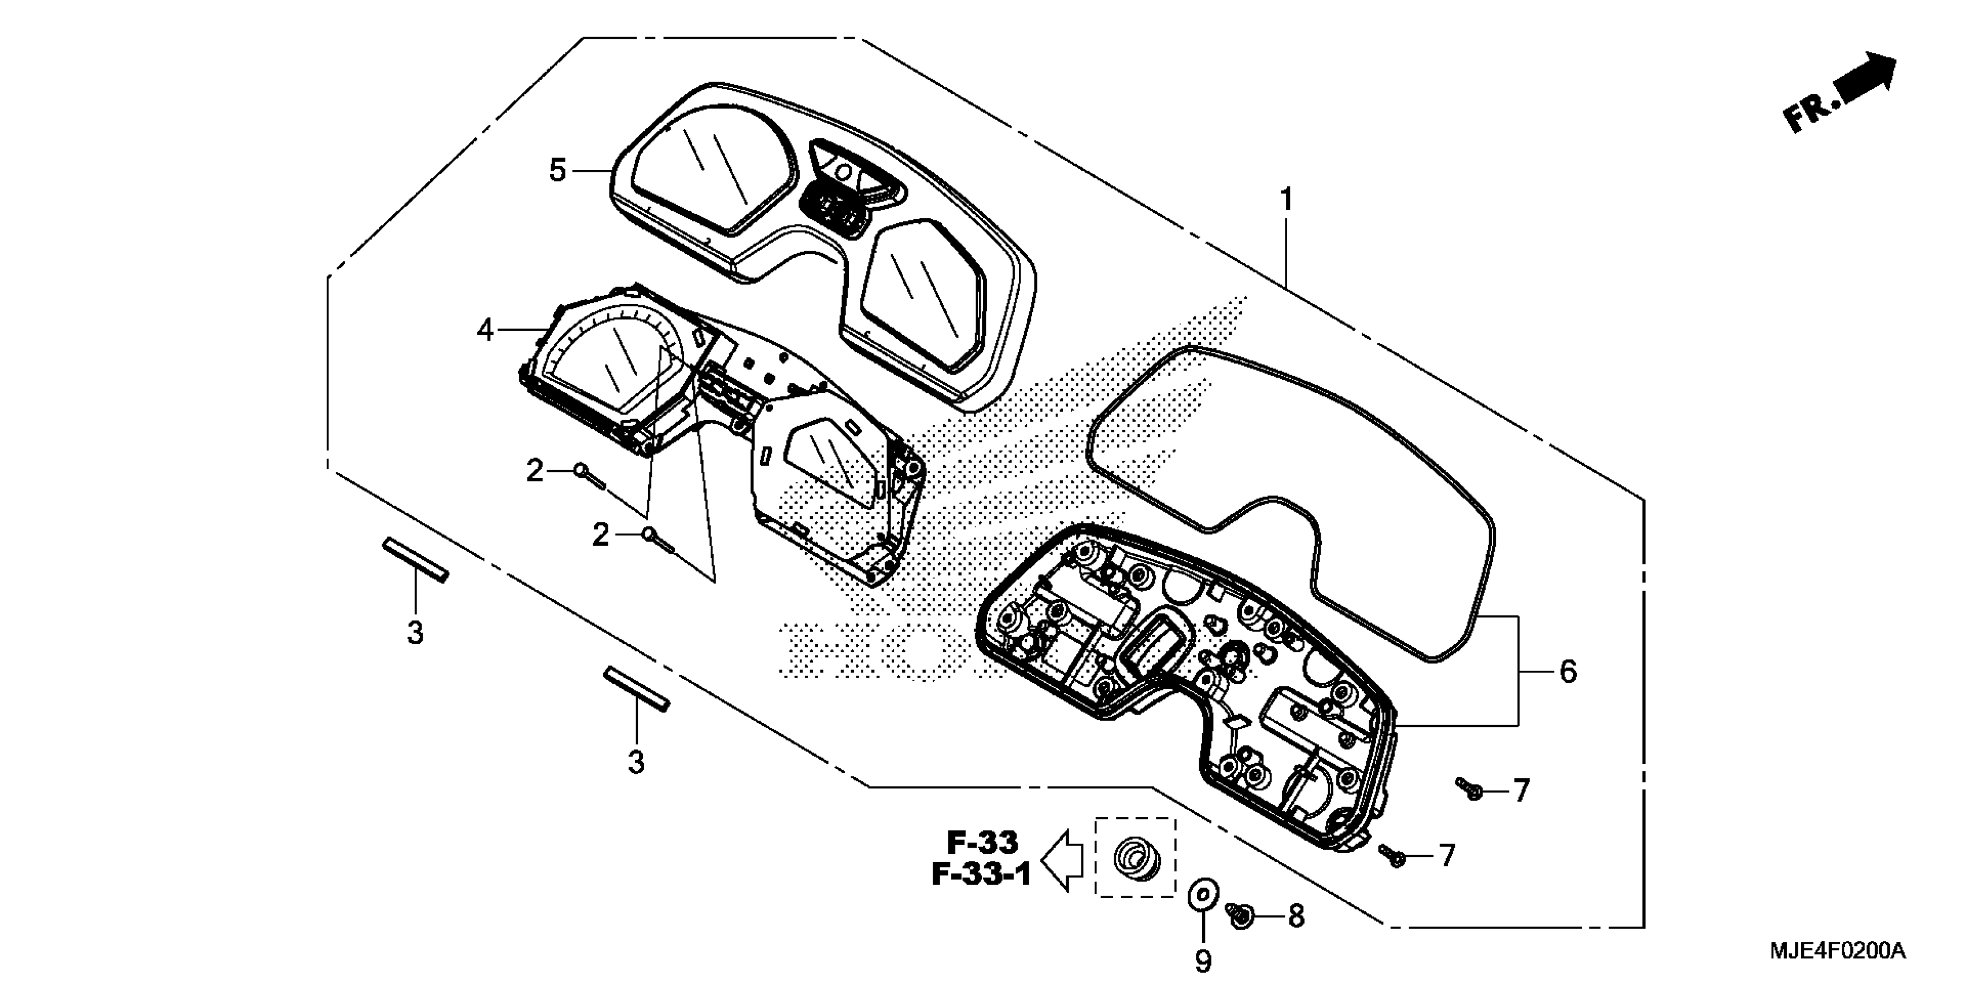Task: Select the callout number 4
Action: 485,331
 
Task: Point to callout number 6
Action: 1567,671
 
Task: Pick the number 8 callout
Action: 1296,916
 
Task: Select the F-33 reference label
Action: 983,842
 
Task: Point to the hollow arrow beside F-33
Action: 1063,860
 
